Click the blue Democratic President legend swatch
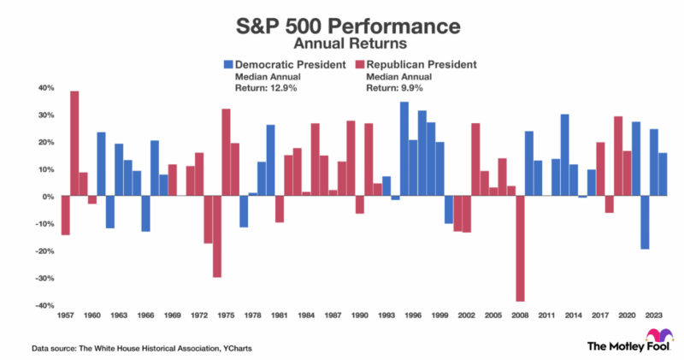(228, 64)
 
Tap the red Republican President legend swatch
(358, 64)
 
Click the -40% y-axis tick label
(43, 306)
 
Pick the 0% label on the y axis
(48, 197)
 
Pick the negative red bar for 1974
(217, 237)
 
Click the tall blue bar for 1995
(404, 149)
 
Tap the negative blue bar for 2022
(646, 222)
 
